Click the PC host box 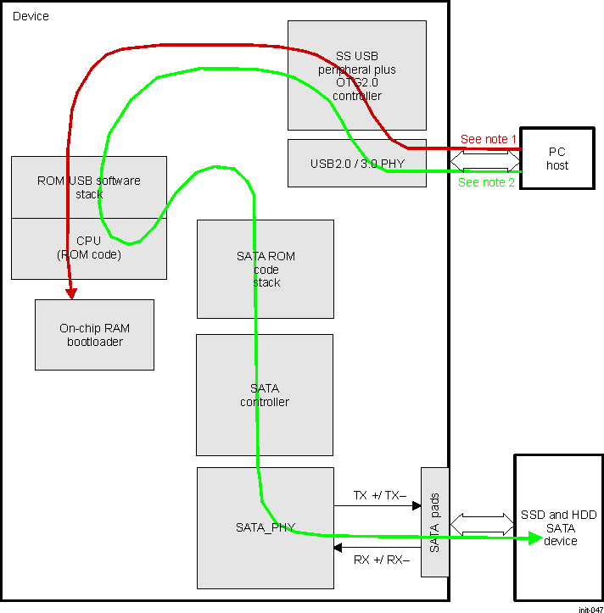pyautogui.click(x=556, y=159)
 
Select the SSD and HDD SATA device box pyautogui.click(x=558, y=527)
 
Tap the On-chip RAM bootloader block pyautogui.click(x=94, y=335)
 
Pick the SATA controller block pyautogui.click(x=265, y=395)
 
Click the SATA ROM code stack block pyautogui.click(x=265, y=269)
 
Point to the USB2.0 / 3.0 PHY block pyautogui.click(x=356, y=163)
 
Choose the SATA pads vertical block pyautogui.click(x=434, y=522)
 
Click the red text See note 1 pyautogui.click(x=488, y=139)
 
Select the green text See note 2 pyautogui.click(x=486, y=182)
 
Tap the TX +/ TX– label pyautogui.click(x=379, y=494)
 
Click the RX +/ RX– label pyautogui.click(x=380, y=560)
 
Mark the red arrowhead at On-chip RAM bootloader pyautogui.click(x=72, y=293)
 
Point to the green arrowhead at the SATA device pyautogui.click(x=534, y=538)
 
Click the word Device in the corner pyautogui.click(x=31, y=16)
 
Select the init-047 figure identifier pyautogui.click(x=590, y=608)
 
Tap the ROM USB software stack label pyautogui.click(x=88, y=187)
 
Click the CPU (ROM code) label pyautogui.click(x=88, y=248)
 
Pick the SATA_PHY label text pyautogui.click(x=265, y=527)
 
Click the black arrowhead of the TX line pyautogui.click(x=417, y=506)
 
